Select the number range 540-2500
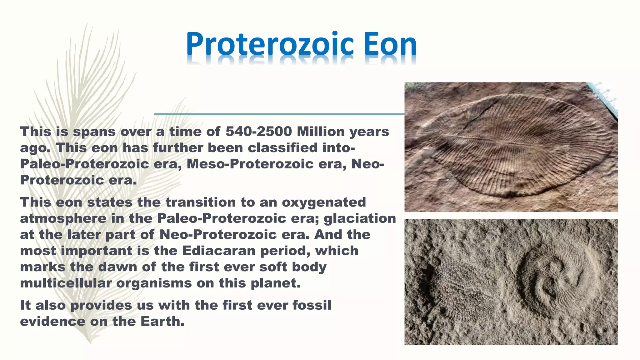coord(259,132)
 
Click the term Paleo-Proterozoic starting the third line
coord(84,164)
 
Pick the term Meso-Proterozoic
coord(250,164)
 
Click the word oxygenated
coord(324,202)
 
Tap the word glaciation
coord(360,218)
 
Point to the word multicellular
coord(66,283)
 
